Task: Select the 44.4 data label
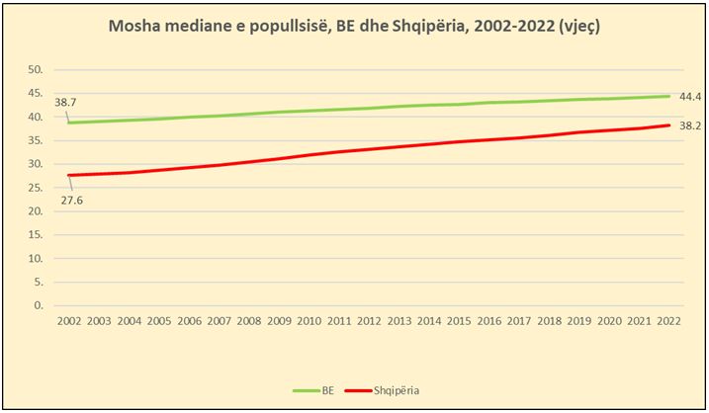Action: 691,96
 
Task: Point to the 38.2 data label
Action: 691,125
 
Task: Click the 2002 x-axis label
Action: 68,322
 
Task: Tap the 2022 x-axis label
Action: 669,322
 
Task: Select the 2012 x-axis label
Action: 369,322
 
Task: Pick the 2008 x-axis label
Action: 248,322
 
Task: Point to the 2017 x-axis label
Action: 519,322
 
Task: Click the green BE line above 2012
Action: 369,109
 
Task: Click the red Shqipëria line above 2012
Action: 369,149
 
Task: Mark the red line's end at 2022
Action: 669,125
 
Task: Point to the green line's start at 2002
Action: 68,123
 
